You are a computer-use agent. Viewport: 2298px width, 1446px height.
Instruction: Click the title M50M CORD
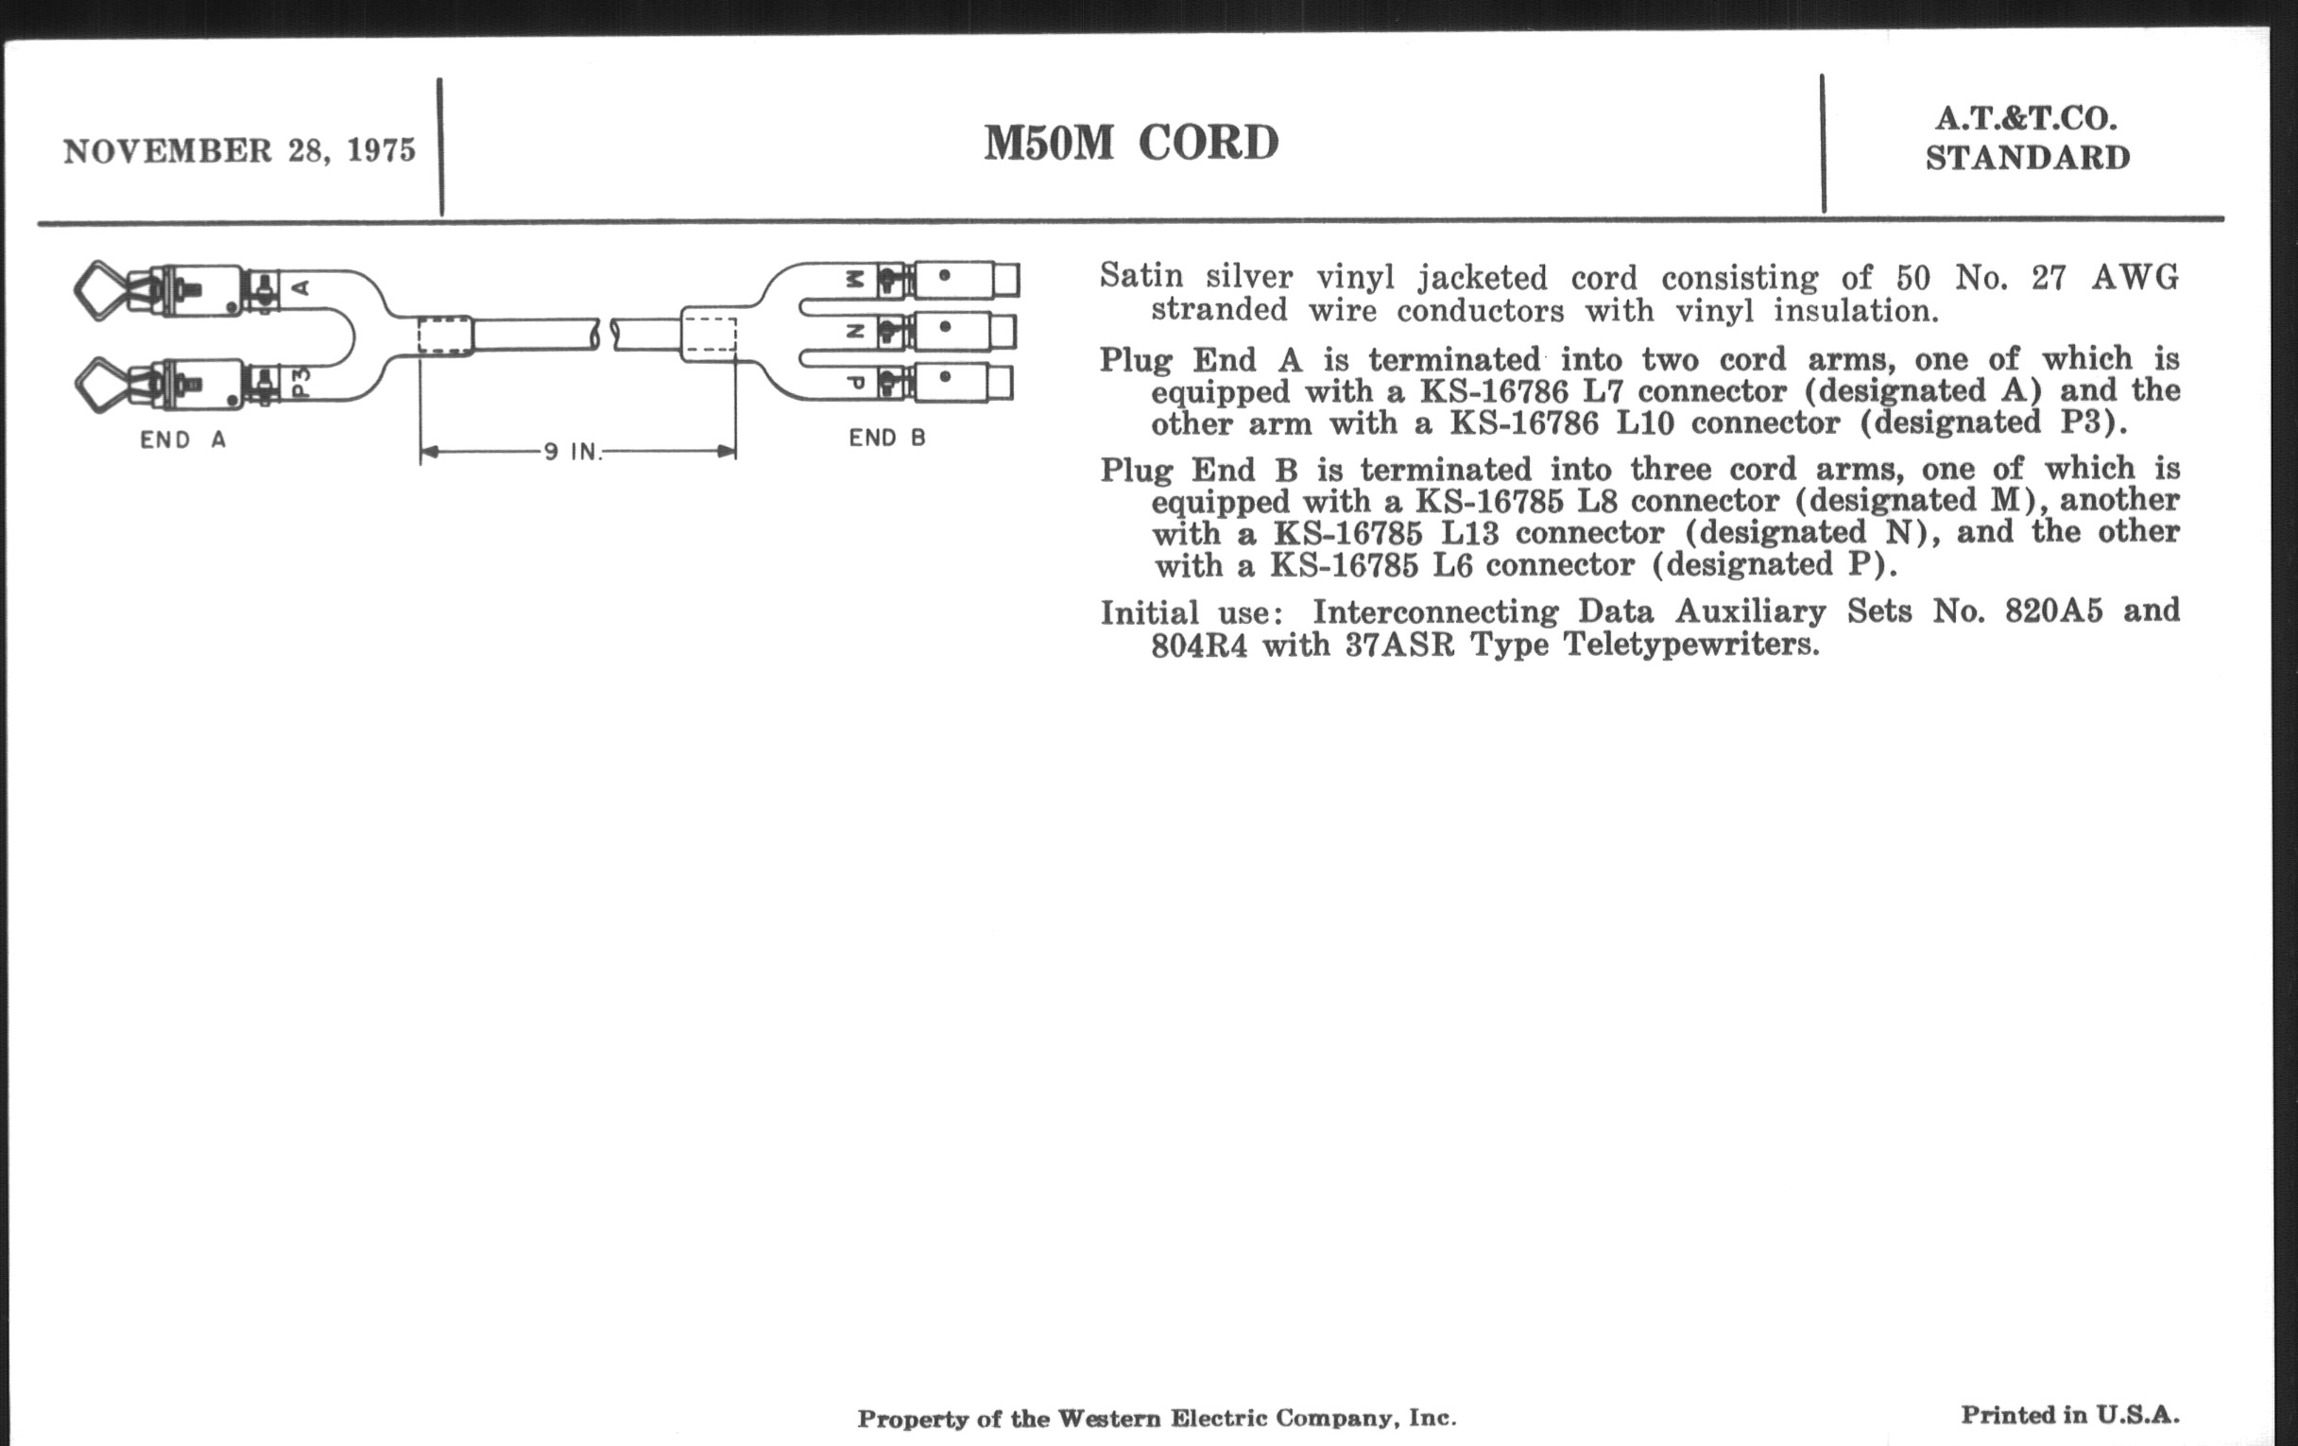[x=1131, y=144]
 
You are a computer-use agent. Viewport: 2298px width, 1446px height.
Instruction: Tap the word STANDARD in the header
[x=2028, y=159]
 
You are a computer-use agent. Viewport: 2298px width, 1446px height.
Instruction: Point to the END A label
[x=183, y=440]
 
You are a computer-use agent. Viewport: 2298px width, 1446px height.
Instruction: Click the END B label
[x=886, y=439]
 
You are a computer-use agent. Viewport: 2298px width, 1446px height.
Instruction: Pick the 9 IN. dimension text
[x=574, y=452]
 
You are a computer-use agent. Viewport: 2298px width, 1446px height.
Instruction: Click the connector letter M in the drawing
[x=855, y=280]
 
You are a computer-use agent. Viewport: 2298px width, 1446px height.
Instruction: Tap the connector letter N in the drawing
[x=855, y=331]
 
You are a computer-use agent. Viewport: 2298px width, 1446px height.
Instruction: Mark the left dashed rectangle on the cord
[x=445, y=335]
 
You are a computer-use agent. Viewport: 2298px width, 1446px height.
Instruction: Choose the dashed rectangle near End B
[x=711, y=335]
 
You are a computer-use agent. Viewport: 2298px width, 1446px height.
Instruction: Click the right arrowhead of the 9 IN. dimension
[x=728, y=452]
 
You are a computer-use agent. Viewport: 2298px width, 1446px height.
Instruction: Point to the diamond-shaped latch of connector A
[x=99, y=290]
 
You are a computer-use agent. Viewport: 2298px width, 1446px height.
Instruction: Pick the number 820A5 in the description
[x=2052, y=611]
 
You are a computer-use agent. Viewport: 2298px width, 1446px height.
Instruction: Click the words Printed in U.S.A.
[x=2070, y=1415]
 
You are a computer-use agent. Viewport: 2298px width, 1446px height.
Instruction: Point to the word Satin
[x=1141, y=277]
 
